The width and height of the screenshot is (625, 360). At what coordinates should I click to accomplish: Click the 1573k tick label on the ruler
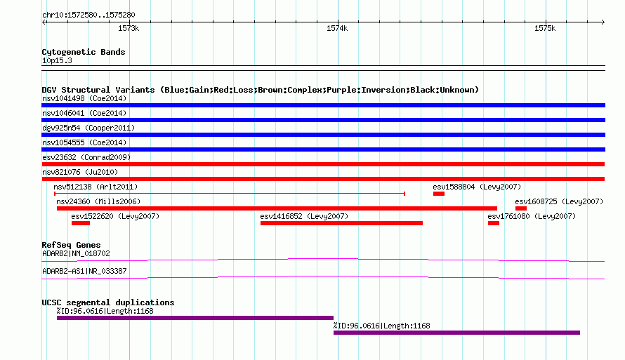point(129,28)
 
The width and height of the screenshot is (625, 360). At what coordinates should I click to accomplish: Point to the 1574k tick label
point(337,28)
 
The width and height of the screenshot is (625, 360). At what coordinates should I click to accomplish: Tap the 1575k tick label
point(545,28)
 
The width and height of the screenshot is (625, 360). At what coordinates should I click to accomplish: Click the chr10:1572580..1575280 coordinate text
point(88,15)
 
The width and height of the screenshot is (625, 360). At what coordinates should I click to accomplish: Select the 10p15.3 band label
point(57,60)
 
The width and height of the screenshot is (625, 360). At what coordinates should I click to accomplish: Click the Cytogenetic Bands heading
point(84,52)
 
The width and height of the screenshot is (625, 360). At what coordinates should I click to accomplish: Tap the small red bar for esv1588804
point(439,194)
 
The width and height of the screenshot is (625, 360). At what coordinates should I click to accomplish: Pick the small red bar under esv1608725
point(521,208)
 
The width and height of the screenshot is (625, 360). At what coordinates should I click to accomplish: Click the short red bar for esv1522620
point(81,223)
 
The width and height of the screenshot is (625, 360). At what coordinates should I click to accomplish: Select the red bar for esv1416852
point(341,223)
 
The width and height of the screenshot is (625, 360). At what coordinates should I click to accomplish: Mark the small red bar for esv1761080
point(494,223)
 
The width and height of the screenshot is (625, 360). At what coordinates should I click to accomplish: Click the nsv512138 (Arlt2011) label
point(96,187)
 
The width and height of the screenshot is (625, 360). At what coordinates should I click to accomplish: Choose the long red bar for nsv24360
point(277,208)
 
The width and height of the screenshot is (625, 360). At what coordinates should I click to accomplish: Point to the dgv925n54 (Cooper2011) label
point(88,128)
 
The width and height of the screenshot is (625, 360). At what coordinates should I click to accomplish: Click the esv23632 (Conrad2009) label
point(86,157)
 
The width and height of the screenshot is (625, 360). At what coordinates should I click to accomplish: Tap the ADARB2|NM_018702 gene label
point(76,253)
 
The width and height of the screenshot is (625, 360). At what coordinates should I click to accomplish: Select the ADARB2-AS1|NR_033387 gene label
point(84,271)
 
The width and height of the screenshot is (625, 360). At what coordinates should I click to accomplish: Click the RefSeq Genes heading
point(71,245)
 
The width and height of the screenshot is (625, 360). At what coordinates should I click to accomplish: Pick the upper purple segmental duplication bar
point(195,318)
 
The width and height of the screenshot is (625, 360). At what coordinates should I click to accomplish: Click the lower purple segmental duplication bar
point(456,333)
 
